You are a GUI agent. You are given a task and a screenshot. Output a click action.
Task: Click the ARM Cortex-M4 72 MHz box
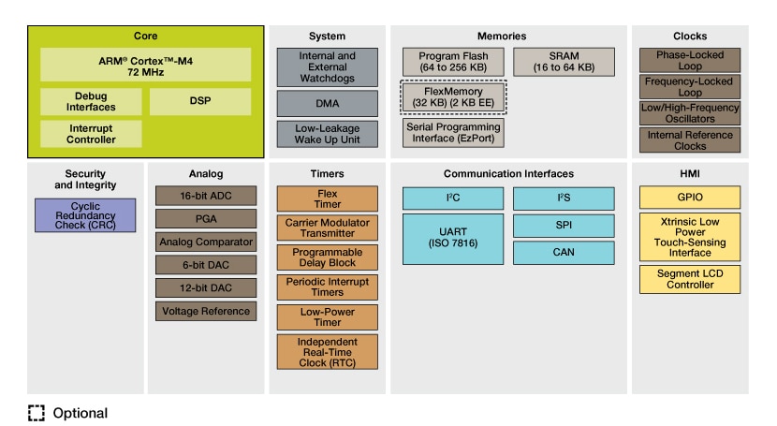[x=145, y=65]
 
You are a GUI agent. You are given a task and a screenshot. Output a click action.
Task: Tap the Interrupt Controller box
[x=91, y=134]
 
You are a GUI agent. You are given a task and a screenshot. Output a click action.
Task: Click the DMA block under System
[x=327, y=103]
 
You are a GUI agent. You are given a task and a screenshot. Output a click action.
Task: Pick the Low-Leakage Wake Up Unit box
[x=327, y=134]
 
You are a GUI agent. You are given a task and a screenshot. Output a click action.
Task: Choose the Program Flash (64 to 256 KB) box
[x=453, y=63]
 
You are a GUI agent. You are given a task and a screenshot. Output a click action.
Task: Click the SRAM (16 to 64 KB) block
[x=564, y=63]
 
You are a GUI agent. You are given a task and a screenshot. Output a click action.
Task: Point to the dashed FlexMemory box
[x=453, y=96]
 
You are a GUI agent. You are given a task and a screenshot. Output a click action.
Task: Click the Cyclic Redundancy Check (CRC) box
[x=85, y=215]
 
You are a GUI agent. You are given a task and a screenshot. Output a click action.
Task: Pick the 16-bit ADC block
[x=206, y=196]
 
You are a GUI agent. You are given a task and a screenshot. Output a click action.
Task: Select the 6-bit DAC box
[x=206, y=265]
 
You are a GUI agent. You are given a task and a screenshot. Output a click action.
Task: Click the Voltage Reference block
[x=206, y=311]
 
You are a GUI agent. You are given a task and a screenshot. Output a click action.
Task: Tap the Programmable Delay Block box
[x=327, y=257]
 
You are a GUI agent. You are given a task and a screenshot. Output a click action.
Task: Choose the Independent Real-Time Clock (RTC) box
[x=327, y=351]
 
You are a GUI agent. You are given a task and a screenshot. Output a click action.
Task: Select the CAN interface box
[x=564, y=253]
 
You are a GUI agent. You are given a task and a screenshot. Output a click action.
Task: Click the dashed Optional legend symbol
[x=36, y=413]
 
